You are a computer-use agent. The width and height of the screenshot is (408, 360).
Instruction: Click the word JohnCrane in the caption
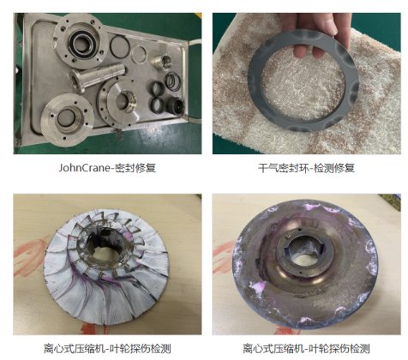tap(84, 167)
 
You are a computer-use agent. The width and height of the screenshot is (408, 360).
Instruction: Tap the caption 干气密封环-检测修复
tap(306, 168)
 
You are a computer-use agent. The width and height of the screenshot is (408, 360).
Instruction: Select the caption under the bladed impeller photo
tap(107, 349)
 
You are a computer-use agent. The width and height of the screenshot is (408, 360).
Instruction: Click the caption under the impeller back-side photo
tap(306, 349)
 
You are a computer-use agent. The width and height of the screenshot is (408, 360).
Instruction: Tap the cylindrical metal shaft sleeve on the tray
tap(97, 76)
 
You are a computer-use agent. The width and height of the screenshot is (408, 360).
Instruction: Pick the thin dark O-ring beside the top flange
tap(120, 45)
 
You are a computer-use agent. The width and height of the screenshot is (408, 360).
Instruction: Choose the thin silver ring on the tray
tap(140, 55)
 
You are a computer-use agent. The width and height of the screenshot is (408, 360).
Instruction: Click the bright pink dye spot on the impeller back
tap(260, 287)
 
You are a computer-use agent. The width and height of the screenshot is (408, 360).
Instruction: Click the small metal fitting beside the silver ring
tap(160, 61)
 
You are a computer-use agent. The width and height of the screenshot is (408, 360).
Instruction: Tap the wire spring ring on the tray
tap(173, 81)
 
